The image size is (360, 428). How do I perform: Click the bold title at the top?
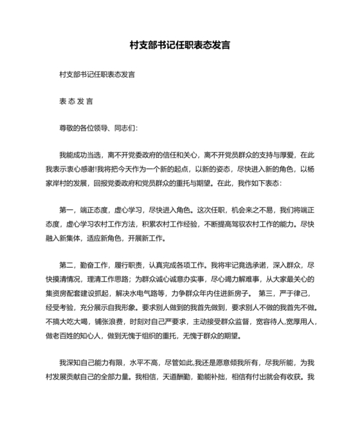point(180,46)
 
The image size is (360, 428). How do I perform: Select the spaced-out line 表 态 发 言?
point(76,101)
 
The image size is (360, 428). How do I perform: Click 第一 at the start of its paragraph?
point(67,210)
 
